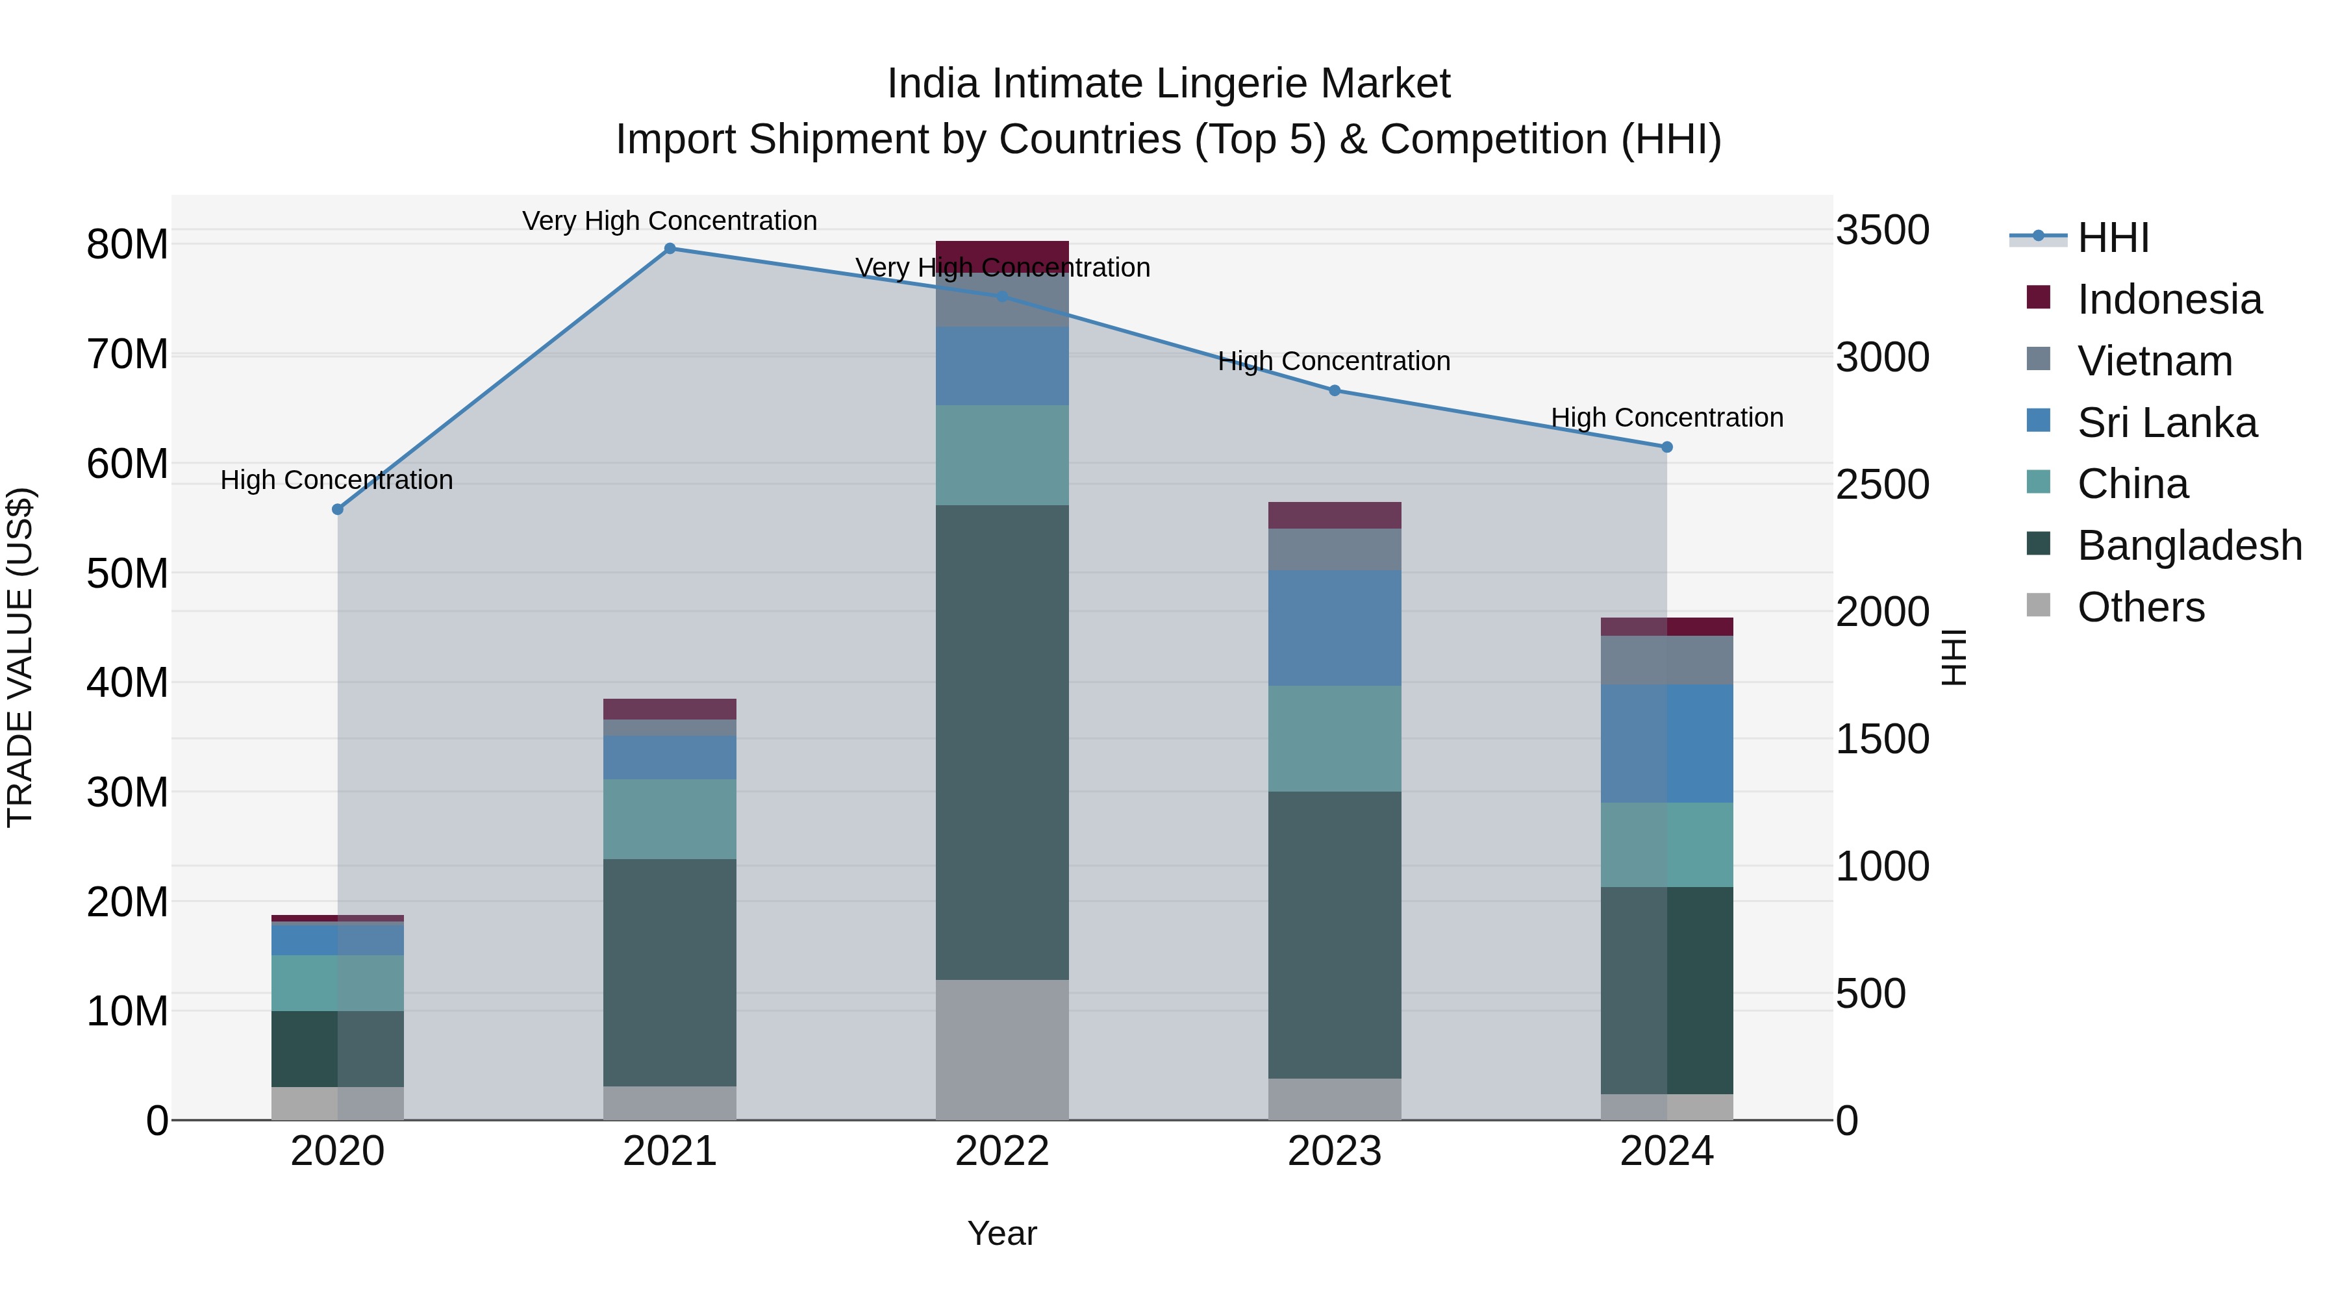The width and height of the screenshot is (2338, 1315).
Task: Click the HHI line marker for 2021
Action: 670,248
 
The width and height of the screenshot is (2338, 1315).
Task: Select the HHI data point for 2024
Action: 1666,447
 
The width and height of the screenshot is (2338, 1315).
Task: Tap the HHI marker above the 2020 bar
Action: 338,509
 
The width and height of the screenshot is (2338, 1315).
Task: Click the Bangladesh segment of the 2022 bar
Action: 1002,742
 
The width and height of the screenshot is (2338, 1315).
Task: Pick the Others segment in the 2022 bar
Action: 1002,1049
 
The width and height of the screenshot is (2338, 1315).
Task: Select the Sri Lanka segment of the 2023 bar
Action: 1334,627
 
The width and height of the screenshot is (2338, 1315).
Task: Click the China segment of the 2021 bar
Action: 670,819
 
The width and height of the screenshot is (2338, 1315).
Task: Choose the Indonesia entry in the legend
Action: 2168,299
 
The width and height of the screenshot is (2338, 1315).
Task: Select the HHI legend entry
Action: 2112,238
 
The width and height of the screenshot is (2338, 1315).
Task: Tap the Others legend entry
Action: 2140,607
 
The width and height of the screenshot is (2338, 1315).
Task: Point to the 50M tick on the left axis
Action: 127,573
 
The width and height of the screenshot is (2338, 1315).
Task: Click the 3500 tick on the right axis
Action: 1882,230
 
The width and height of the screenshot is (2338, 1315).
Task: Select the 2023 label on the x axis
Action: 1334,1151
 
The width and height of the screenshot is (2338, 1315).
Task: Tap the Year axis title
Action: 1002,1233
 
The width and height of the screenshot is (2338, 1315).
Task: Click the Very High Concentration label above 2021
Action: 670,221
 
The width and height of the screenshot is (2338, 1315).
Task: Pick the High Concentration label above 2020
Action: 336,479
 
